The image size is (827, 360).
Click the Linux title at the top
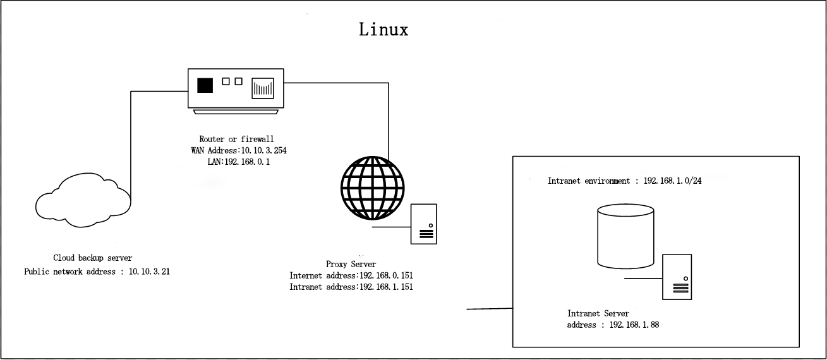point(383,30)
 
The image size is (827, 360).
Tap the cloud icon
point(83,200)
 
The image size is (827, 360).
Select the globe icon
point(373,188)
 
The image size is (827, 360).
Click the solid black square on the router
point(205,85)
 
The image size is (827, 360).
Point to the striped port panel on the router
point(263,88)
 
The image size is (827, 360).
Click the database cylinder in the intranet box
point(626,236)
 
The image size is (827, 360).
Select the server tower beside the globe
point(424,224)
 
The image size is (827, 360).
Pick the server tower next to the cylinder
point(677,277)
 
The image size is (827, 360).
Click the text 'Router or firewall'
point(237,139)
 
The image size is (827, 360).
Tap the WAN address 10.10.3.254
point(264,151)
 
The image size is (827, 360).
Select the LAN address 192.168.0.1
point(247,162)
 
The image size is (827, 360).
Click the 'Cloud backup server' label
point(93,258)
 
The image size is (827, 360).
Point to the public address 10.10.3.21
point(149,272)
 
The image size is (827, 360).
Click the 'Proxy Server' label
point(351,265)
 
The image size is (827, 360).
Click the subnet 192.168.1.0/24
point(673,181)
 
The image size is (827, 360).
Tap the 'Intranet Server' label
point(598,313)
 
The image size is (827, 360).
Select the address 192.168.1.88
point(634,325)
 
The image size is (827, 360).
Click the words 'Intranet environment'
point(589,181)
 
